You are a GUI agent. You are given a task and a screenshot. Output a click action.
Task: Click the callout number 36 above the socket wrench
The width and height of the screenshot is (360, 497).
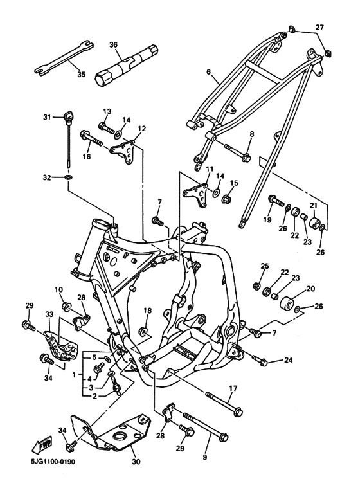click(x=113, y=44)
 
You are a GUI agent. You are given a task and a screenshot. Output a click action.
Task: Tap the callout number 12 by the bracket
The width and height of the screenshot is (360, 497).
click(x=141, y=129)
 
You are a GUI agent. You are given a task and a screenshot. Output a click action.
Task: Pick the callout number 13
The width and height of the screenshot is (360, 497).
click(x=107, y=111)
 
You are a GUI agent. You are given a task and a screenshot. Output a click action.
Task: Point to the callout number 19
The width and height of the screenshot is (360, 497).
click(x=267, y=220)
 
